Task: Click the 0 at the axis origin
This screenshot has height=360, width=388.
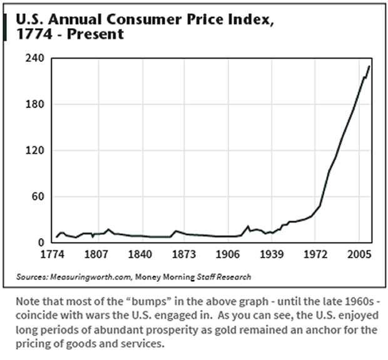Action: pos(42,243)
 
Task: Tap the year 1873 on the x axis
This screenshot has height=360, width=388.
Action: pos(184,255)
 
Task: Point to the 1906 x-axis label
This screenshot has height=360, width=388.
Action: pos(228,255)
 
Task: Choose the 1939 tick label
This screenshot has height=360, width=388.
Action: pos(272,255)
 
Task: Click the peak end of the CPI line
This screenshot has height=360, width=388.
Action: pos(370,66)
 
